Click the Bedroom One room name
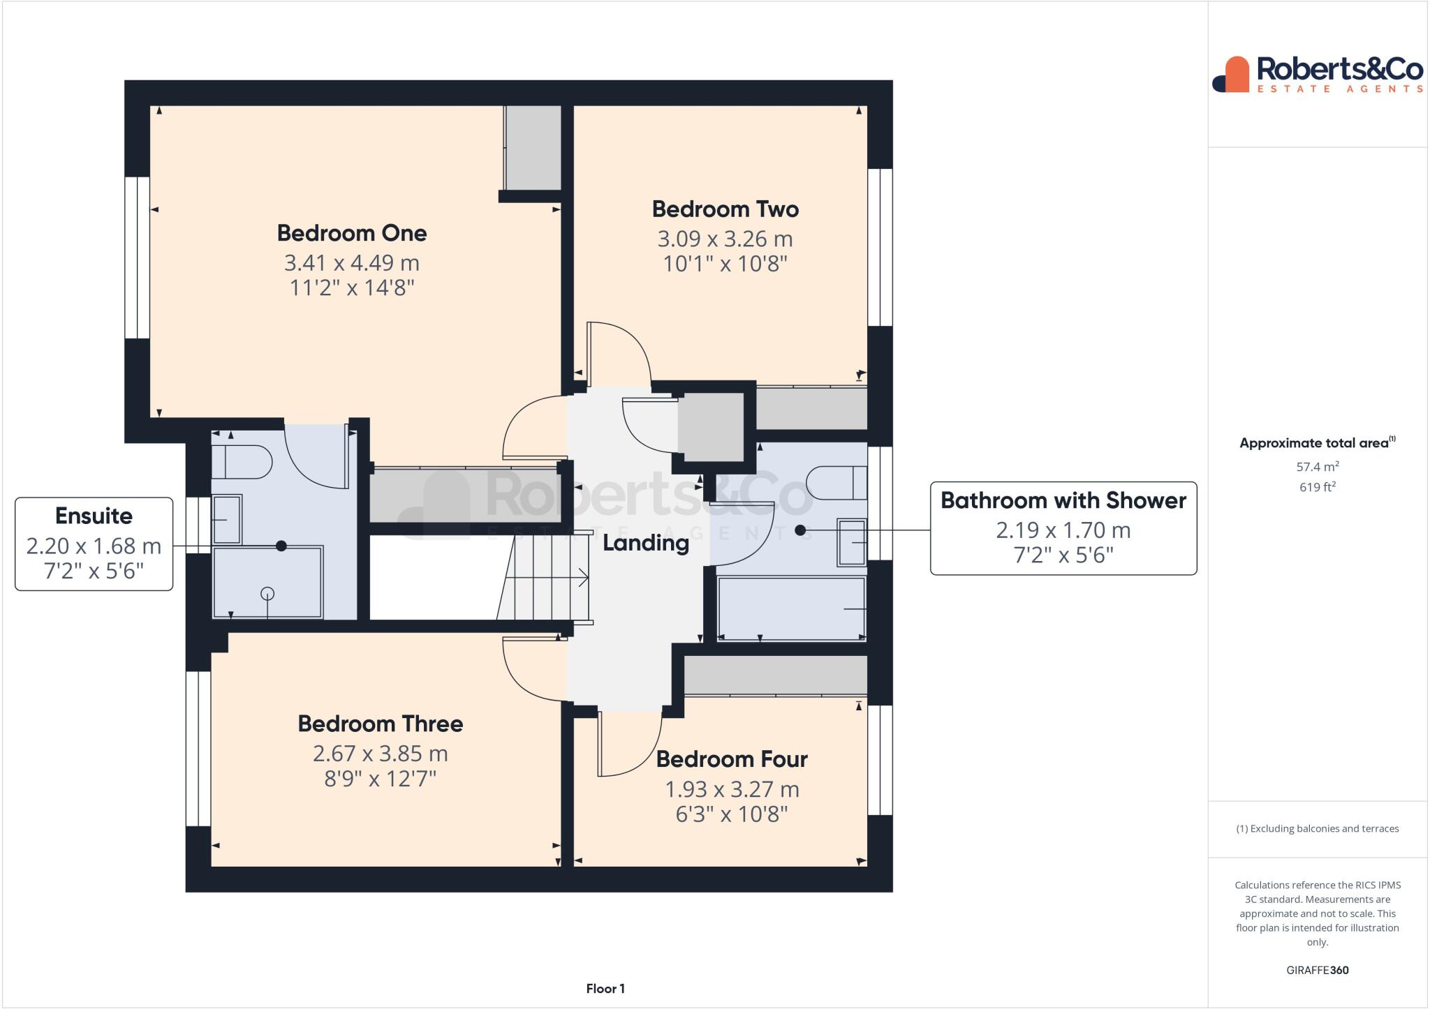click(x=351, y=233)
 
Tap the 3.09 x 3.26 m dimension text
click(x=725, y=239)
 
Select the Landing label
click(x=645, y=543)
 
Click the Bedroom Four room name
click(x=731, y=759)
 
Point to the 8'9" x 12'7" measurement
click(x=380, y=779)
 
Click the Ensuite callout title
click(x=94, y=516)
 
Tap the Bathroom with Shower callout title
click(x=1063, y=500)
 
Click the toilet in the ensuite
click(x=242, y=462)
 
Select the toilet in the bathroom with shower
click(x=836, y=482)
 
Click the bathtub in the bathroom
click(x=791, y=608)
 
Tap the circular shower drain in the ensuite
click(x=267, y=594)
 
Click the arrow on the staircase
click(x=581, y=578)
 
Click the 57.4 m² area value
click(x=1317, y=466)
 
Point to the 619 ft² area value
click(x=1317, y=487)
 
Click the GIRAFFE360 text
click(x=1317, y=970)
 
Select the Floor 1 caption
click(x=605, y=989)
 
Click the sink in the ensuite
click(x=226, y=520)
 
